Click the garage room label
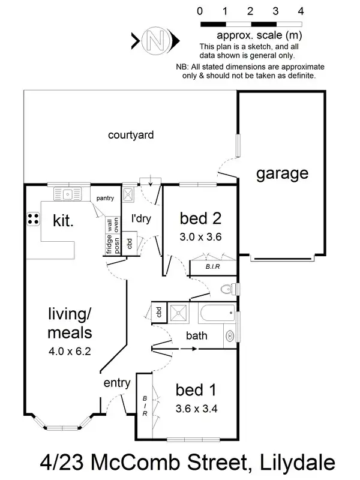tap(282, 174)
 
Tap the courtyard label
tap(131, 135)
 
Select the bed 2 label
tap(200, 217)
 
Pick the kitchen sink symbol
tap(68, 193)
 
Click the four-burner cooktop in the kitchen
tap(33, 219)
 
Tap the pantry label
tap(106, 197)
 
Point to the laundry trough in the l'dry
tap(128, 194)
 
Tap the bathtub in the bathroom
tap(217, 313)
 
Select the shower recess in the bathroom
tap(178, 312)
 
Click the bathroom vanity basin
tap(229, 335)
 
